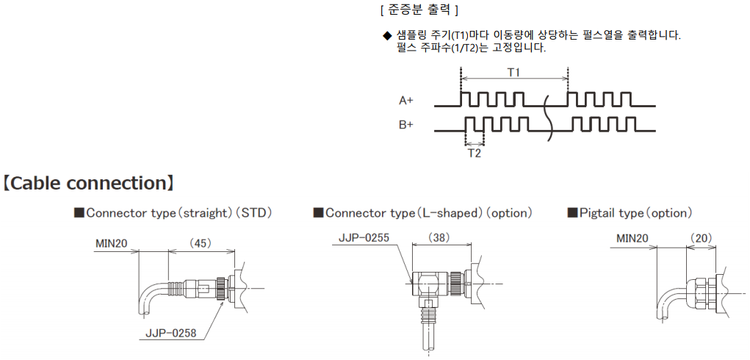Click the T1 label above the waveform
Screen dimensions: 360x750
(x=513, y=72)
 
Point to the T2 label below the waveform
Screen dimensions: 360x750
(x=475, y=153)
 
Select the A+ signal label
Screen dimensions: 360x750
(x=406, y=100)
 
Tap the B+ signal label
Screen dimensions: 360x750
(x=406, y=125)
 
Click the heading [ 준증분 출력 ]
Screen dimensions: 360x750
(x=419, y=10)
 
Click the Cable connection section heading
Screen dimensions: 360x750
(x=87, y=183)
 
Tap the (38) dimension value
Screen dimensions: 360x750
(x=439, y=237)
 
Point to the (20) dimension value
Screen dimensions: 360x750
(x=700, y=238)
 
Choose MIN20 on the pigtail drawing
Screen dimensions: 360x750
(x=632, y=238)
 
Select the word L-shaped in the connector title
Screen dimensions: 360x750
(x=450, y=213)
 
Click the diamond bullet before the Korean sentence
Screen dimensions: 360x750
(x=386, y=35)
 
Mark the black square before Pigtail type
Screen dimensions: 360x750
(x=573, y=213)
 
